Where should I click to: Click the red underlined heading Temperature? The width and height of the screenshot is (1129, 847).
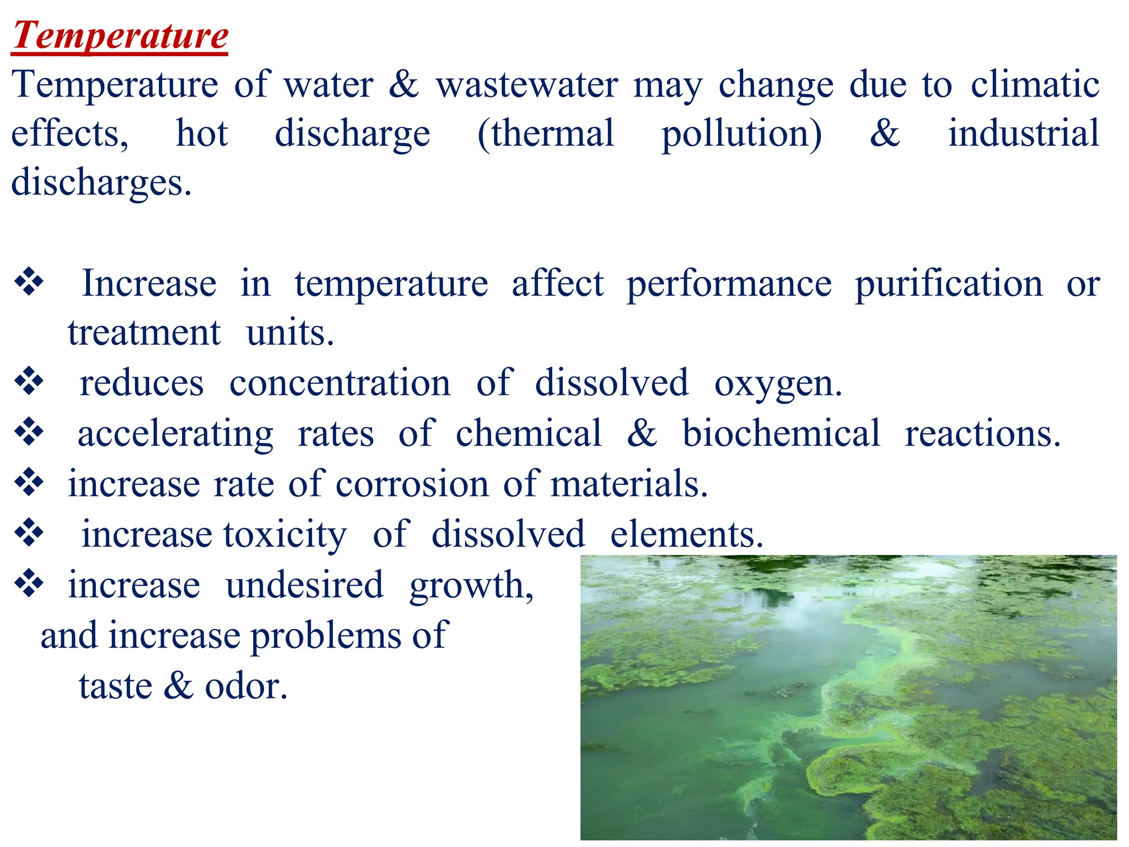(x=120, y=35)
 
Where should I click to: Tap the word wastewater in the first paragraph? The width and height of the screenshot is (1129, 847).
(x=526, y=85)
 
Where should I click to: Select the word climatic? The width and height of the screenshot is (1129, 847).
(x=1035, y=85)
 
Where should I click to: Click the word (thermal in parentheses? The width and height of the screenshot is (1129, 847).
(x=546, y=134)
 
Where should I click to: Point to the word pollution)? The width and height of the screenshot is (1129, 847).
(x=741, y=134)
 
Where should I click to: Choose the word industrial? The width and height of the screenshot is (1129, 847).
(x=1023, y=134)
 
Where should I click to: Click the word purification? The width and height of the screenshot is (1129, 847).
(x=949, y=285)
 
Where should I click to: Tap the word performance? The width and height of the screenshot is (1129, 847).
(x=729, y=285)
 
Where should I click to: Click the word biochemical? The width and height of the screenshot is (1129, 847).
(x=781, y=433)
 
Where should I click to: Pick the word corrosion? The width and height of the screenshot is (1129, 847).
(x=412, y=484)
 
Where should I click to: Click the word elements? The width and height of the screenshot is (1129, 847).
(x=686, y=535)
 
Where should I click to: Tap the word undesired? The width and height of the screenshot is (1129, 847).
(x=304, y=585)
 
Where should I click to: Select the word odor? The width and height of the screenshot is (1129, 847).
(x=246, y=687)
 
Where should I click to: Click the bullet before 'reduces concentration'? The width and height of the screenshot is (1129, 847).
(x=29, y=382)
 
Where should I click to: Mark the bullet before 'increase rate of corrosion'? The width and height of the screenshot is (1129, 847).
(x=29, y=483)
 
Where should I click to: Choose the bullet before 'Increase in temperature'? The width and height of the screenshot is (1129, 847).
(x=29, y=282)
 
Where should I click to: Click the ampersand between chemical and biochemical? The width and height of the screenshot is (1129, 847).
(x=642, y=433)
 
